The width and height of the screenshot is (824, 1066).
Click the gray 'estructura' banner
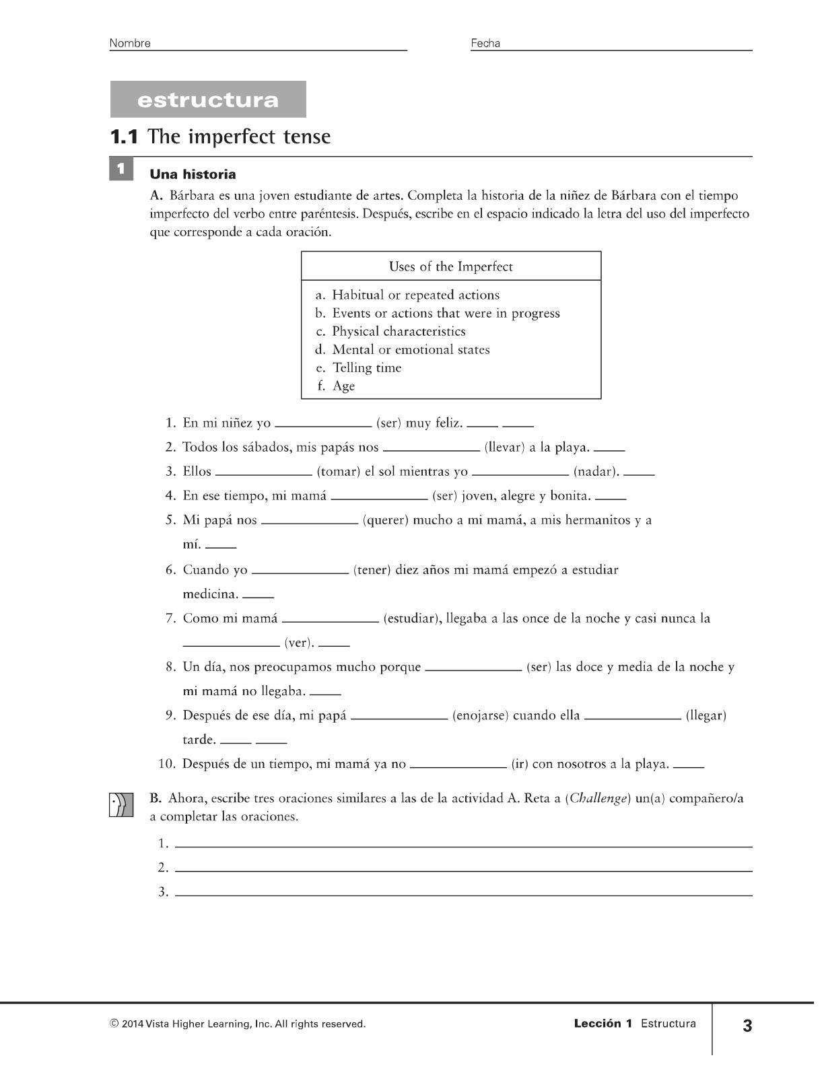[x=208, y=100]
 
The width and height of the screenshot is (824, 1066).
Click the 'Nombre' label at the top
[x=130, y=44]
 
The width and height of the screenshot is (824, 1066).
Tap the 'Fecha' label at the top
[x=485, y=44]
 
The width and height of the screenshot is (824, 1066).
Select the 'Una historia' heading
[x=193, y=175]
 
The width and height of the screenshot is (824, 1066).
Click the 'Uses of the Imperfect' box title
[x=450, y=266]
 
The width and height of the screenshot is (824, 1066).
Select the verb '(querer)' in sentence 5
[x=385, y=520]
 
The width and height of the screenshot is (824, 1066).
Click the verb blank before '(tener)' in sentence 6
[x=300, y=571]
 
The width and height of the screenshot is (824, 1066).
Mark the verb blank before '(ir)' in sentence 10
[x=458, y=765]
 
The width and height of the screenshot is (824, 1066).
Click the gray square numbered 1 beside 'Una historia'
[x=121, y=168]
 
